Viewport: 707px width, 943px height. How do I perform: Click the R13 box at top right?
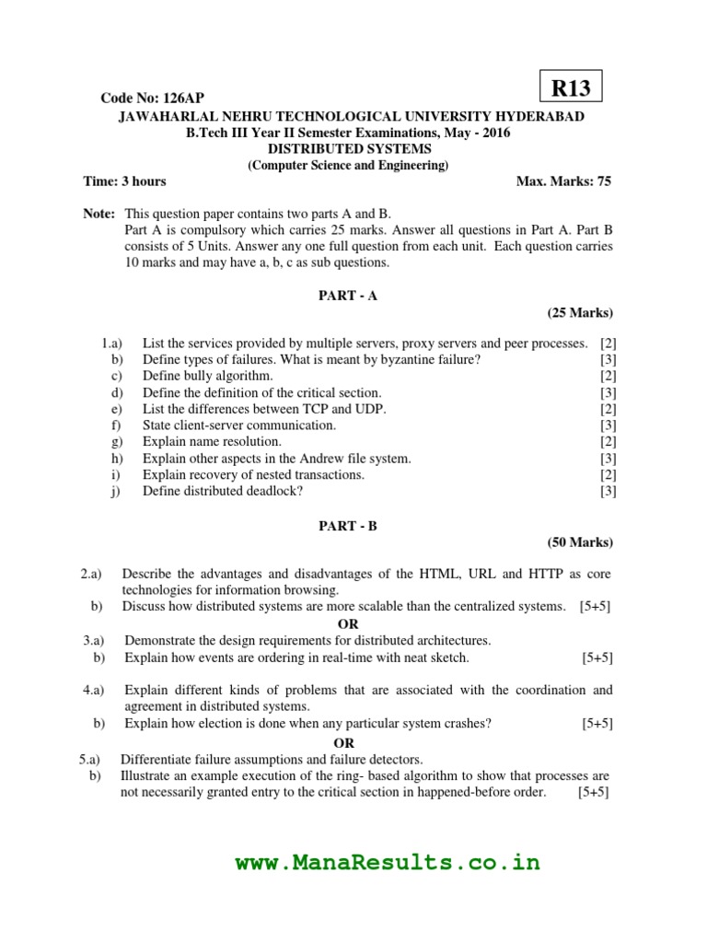point(570,88)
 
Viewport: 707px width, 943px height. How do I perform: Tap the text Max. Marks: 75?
point(563,181)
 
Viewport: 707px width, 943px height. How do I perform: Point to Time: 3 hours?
point(124,181)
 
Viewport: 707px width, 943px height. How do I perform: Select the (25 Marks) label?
point(579,312)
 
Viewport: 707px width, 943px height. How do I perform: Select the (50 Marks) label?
point(579,542)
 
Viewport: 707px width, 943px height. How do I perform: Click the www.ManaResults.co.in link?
point(388,863)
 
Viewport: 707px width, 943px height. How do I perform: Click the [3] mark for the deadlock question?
point(608,491)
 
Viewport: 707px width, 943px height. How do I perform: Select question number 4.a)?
point(93,690)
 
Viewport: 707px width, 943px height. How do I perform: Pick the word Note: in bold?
point(99,213)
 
